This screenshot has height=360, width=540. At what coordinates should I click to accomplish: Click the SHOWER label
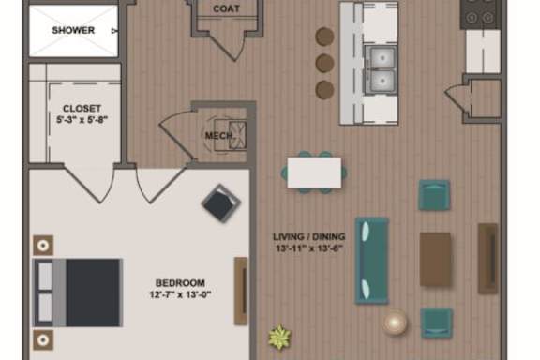(x=73, y=30)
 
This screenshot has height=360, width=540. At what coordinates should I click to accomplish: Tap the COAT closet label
(x=226, y=8)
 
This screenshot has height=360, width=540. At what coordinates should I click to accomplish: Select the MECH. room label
(x=218, y=135)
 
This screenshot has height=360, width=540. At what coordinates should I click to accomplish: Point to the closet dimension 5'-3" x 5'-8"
(x=82, y=120)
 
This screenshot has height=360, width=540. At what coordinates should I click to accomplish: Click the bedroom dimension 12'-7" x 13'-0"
(x=180, y=294)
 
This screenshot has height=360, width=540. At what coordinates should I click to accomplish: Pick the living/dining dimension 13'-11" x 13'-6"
(x=309, y=248)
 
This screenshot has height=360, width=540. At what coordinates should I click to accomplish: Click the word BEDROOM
(x=180, y=283)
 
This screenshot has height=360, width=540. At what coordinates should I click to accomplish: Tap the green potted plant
(x=279, y=337)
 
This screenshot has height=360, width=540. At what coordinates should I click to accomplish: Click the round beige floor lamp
(x=395, y=322)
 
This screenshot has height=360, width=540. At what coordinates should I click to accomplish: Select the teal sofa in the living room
(x=372, y=261)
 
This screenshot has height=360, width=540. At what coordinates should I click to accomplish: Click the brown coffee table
(x=435, y=259)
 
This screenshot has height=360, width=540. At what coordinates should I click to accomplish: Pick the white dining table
(x=314, y=172)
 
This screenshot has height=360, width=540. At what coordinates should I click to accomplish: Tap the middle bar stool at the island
(x=324, y=63)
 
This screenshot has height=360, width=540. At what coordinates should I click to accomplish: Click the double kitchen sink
(x=381, y=70)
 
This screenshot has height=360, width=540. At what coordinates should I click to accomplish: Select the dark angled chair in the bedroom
(x=220, y=203)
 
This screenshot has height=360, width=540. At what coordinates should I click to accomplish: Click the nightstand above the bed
(x=43, y=246)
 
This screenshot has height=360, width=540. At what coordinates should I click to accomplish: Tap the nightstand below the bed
(x=43, y=340)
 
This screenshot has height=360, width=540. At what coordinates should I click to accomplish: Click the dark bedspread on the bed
(x=93, y=292)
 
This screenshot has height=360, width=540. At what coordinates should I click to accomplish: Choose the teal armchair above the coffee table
(x=434, y=195)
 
